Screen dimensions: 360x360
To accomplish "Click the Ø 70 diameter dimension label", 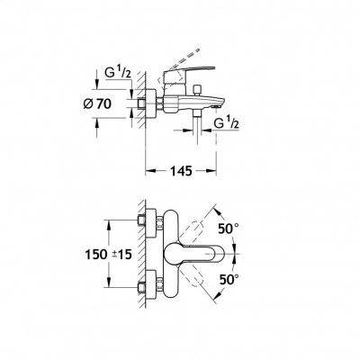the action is pyautogui.click(x=97, y=104).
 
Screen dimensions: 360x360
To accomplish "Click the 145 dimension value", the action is pyautogui.click(x=181, y=171).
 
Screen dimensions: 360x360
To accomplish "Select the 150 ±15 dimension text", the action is pyautogui.click(x=109, y=255).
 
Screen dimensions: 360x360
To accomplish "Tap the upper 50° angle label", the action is pyautogui.click(x=229, y=229).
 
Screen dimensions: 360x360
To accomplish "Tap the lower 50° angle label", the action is pyautogui.click(x=229, y=280).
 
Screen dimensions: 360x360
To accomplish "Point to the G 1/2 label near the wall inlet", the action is pyautogui.click(x=118, y=73).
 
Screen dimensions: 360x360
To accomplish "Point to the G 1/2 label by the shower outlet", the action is pyautogui.click(x=226, y=123).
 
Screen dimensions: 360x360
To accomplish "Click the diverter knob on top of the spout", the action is pyautogui.click(x=197, y=90).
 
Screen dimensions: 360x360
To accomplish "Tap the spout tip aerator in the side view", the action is pyautogui.click(x=215, y=106).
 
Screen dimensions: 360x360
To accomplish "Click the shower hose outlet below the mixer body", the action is pyautogui.click(x=197, y=113).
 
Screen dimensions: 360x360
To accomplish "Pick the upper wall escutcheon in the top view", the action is pyautogui.click(x=150, y=223).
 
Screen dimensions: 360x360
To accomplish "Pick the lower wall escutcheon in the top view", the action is pyautogui.click(x=150, y=285).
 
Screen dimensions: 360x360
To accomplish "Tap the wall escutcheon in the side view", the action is pyautogui.click(x=150, y=103).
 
